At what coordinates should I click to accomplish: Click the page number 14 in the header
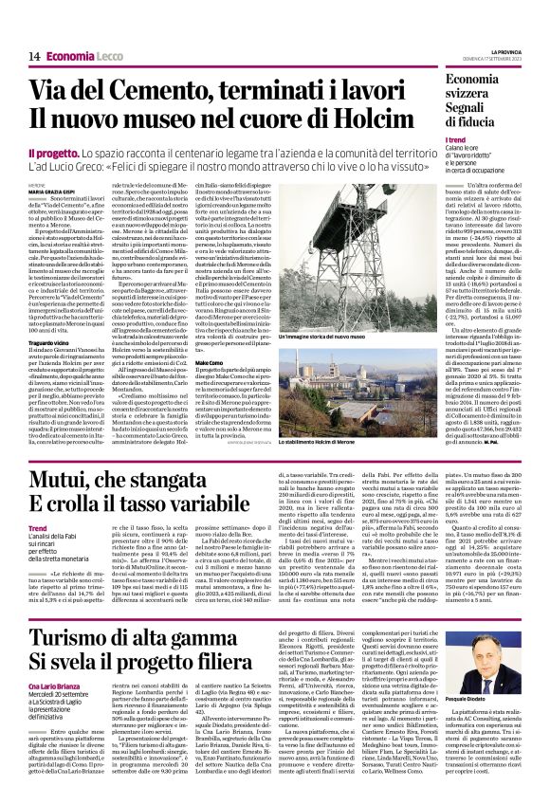click(33, 56)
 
